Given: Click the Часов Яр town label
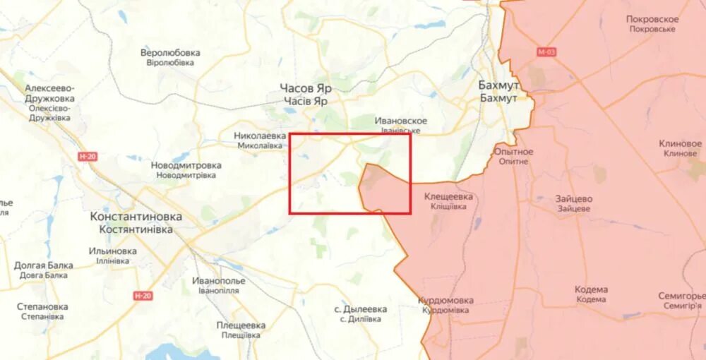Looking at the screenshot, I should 306,90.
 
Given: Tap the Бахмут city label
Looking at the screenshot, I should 498,86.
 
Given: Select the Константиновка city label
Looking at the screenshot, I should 136,217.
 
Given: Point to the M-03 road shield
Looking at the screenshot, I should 546,52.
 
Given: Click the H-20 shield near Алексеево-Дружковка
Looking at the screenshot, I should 88,156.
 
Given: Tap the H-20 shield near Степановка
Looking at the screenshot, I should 143,296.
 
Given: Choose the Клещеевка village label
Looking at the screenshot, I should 448,197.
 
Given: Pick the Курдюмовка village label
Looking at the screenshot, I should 445,301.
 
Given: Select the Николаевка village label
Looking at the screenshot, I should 261,136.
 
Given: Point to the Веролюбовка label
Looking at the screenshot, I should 170,53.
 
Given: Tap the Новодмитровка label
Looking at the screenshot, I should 186,166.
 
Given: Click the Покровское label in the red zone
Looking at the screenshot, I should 652,20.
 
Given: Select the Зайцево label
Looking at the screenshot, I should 573,200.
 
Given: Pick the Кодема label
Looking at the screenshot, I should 591,290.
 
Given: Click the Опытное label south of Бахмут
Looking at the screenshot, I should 513,152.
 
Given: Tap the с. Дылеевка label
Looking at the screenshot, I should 361,309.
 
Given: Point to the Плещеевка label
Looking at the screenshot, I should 241,325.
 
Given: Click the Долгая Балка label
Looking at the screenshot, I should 44,265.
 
